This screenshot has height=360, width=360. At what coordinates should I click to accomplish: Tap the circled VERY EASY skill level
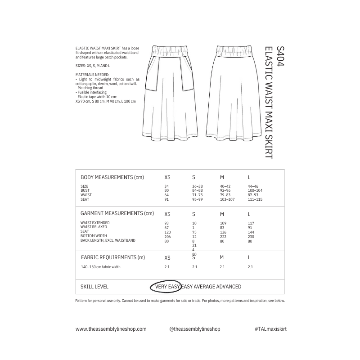[x=167, y=287]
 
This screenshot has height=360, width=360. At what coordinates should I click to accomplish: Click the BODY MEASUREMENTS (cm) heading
[x=112, y=177]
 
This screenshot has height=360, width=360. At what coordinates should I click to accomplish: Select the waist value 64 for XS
[x=166, y=195]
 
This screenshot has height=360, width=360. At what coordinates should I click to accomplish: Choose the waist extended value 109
[x=223, y=223]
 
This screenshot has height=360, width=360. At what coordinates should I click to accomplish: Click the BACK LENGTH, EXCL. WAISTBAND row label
[x=108, y=241]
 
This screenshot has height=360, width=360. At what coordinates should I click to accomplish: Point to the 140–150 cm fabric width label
[x=100, y=267]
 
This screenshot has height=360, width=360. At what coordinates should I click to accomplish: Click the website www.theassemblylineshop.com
[x=111, y=329]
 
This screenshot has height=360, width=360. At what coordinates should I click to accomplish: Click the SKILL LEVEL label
[x=94, y=287]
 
